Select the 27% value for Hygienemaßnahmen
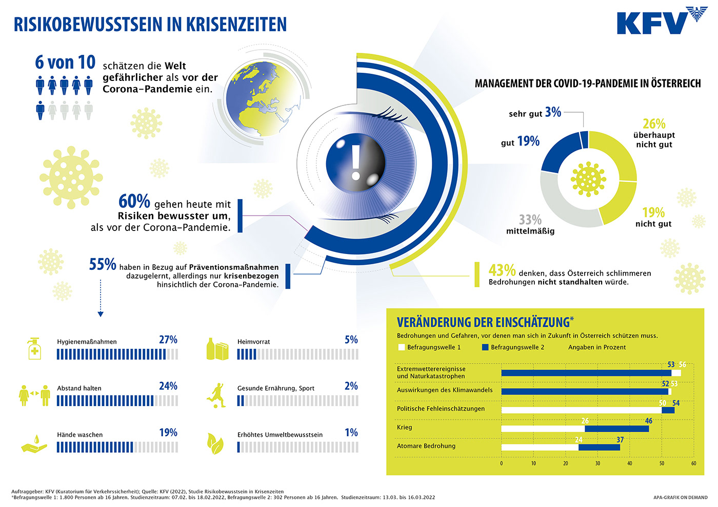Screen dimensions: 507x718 point(168,340)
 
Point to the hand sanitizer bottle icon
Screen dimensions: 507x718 point(34,349)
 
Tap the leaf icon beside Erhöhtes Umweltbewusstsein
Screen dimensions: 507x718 point(215,443)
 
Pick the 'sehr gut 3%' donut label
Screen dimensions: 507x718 point(535,113)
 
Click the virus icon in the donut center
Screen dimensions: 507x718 point(588,179)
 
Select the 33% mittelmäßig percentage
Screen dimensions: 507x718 point(530,220)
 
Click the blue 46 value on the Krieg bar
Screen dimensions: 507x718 point(649,421)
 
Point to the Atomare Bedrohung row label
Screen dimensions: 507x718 point(426,446)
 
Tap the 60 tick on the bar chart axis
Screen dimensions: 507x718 point(693,463)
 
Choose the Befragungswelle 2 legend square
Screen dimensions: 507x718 point(485,347)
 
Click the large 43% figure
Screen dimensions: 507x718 point(502,270)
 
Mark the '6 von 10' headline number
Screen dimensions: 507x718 point(65,62)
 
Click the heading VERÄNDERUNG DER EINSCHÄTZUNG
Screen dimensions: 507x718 point(483,322)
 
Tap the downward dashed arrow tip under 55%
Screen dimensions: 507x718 point(101,314)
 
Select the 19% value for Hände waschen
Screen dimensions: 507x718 point(168,433)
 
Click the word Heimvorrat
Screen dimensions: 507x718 point(253,342)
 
